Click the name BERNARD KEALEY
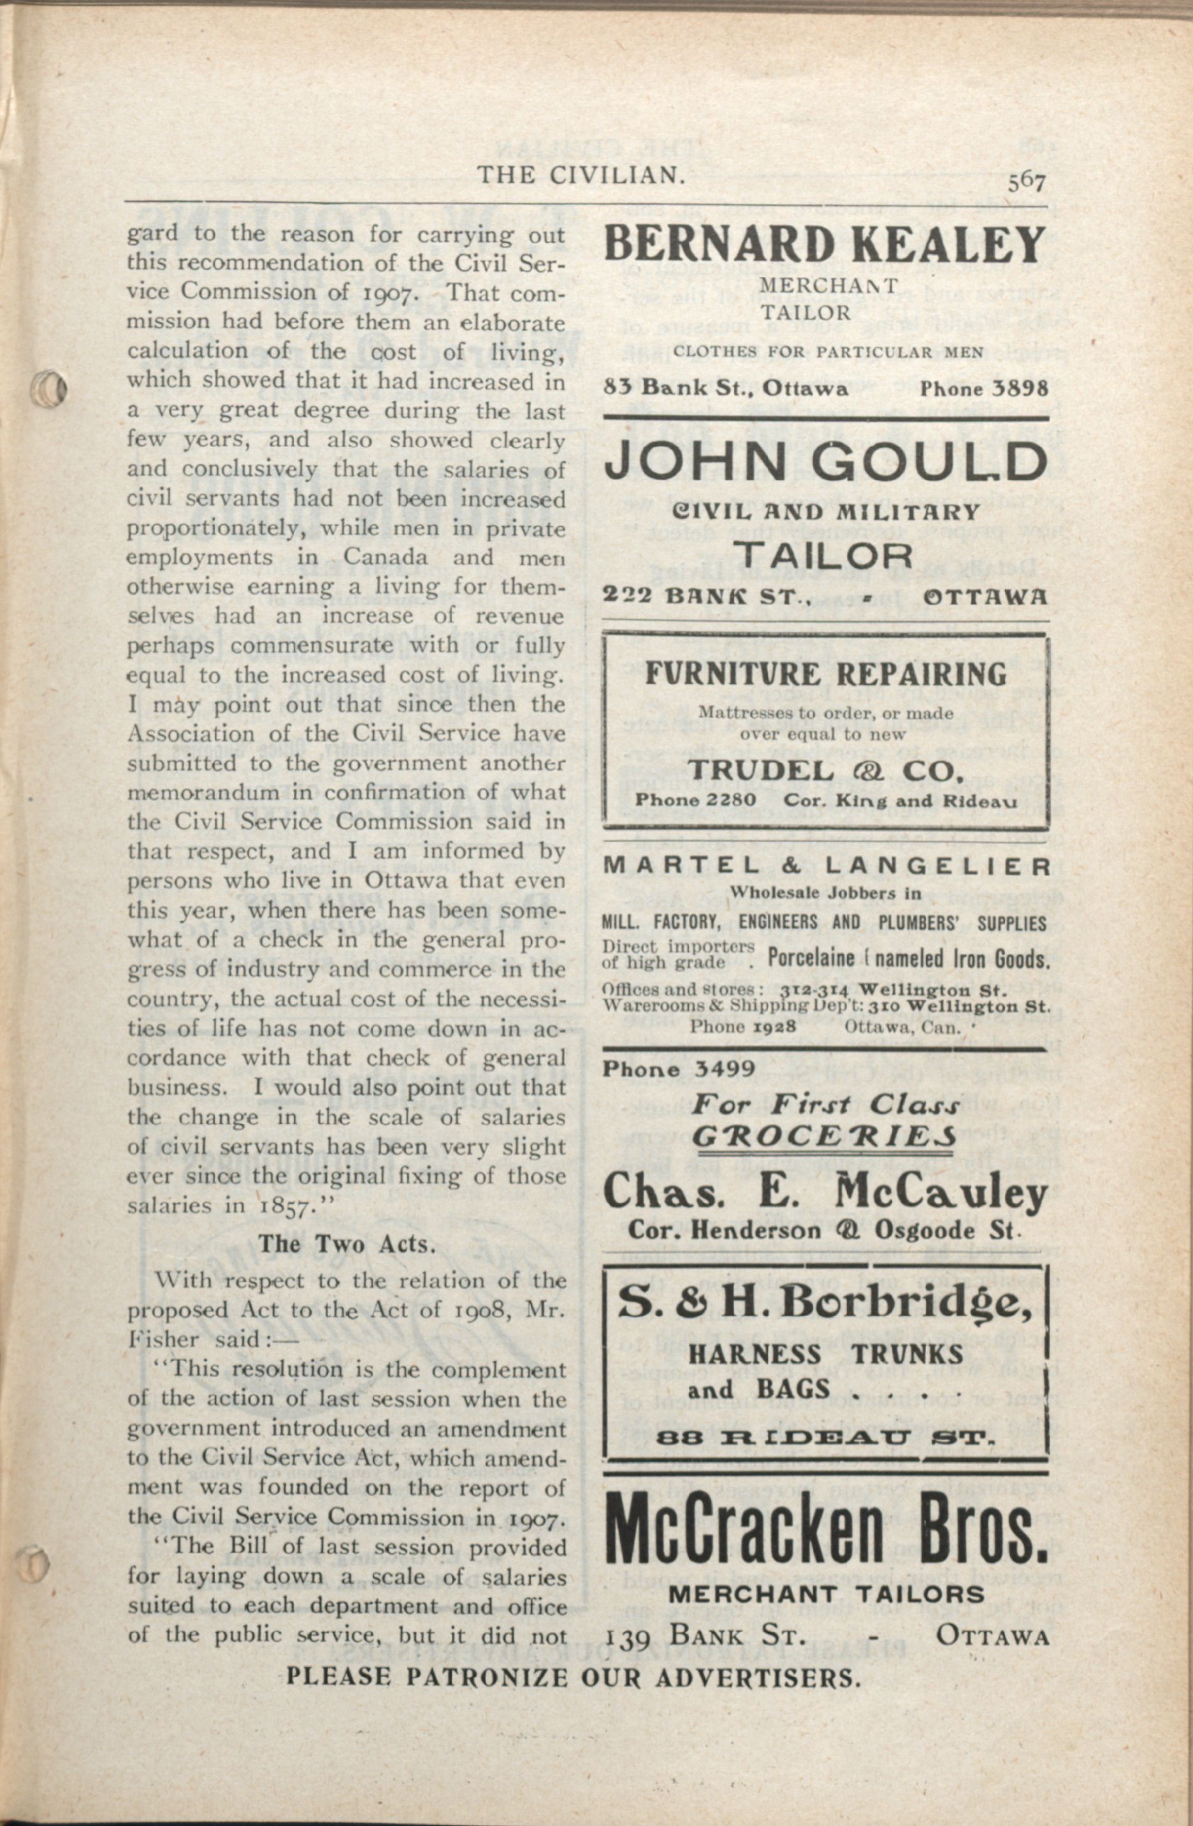[825, 245]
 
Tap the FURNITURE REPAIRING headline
[825, 674]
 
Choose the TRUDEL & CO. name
[825, 770]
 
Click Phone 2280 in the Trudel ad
[696, 800]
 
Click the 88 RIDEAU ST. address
[825, 1434]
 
